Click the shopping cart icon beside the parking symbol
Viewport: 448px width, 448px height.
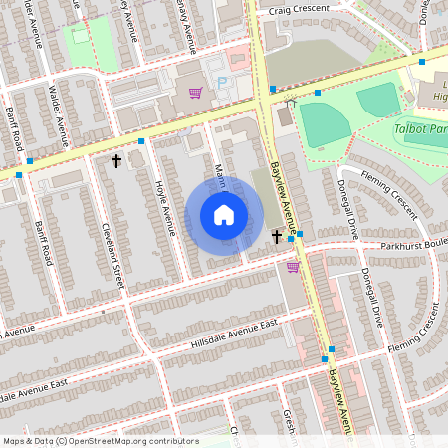pos(195,94)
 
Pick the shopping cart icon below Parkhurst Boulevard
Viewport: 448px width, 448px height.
pos(293,266)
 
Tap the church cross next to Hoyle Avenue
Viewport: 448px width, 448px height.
pos(116,160)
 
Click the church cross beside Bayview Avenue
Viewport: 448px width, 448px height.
pos(277,236)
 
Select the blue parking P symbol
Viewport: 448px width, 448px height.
pos(222,82)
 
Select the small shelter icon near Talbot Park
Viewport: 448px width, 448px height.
pos(291,102)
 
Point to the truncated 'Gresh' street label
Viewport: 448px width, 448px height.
pos(288,423)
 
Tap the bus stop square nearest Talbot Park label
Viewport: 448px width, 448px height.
pos(422,62)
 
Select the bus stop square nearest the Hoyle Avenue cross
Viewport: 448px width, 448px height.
pos(142,142)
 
